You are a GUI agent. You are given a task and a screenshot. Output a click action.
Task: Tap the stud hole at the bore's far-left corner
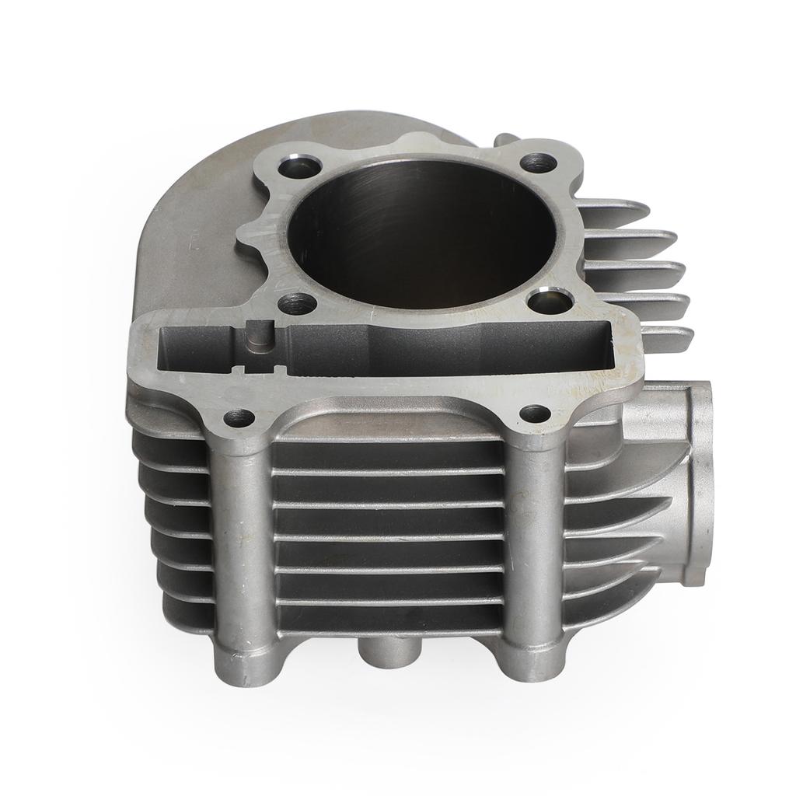[300, 166]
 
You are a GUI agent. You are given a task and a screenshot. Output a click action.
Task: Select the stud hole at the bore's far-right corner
[538, 163]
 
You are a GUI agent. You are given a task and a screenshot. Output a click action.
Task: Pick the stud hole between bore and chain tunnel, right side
[550, 300]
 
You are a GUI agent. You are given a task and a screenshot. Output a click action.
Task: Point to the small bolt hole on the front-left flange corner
[239, 418]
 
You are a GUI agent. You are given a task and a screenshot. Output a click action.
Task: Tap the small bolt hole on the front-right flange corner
[535, 414]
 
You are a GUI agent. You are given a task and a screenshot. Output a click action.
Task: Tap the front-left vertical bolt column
[242, 544]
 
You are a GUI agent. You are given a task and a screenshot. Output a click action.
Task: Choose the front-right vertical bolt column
[535, 544]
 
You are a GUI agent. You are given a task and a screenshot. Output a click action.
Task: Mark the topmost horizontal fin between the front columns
[389, 471]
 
